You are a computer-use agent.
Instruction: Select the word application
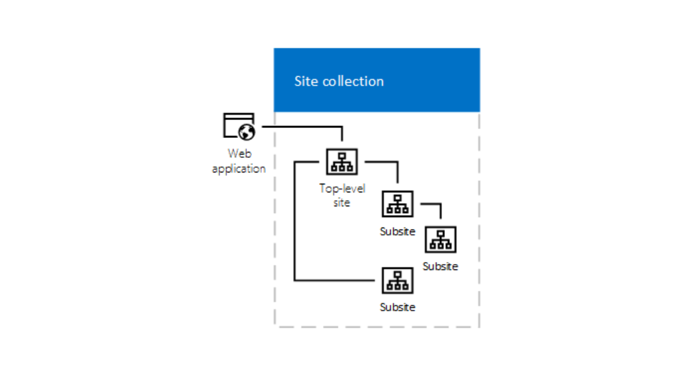tap(239, 168)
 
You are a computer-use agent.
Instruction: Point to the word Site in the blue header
tap(306, 81)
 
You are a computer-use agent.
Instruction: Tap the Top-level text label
tap(342, 188)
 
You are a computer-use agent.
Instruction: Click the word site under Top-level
tap(342, 202)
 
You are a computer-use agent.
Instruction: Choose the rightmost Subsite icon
tap(440, 239)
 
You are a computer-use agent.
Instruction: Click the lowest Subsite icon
tap(397, 281)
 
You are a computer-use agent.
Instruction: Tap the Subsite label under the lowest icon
tap(397, 307)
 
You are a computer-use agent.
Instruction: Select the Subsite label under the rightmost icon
tap(440, 266)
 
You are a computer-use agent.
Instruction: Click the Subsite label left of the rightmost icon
tap(397, 231)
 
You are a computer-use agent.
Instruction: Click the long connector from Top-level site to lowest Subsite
tap(294, 225)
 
